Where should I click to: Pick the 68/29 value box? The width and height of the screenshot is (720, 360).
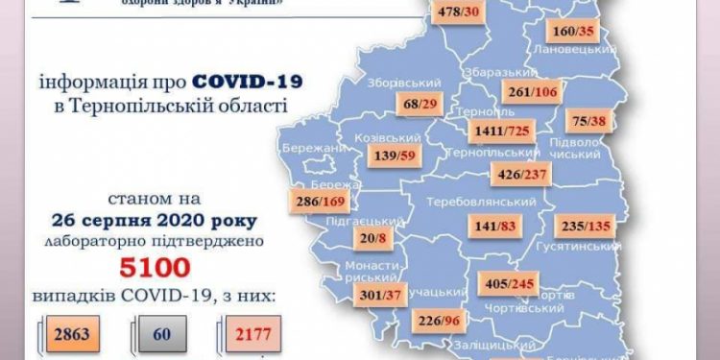coord(420,104)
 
